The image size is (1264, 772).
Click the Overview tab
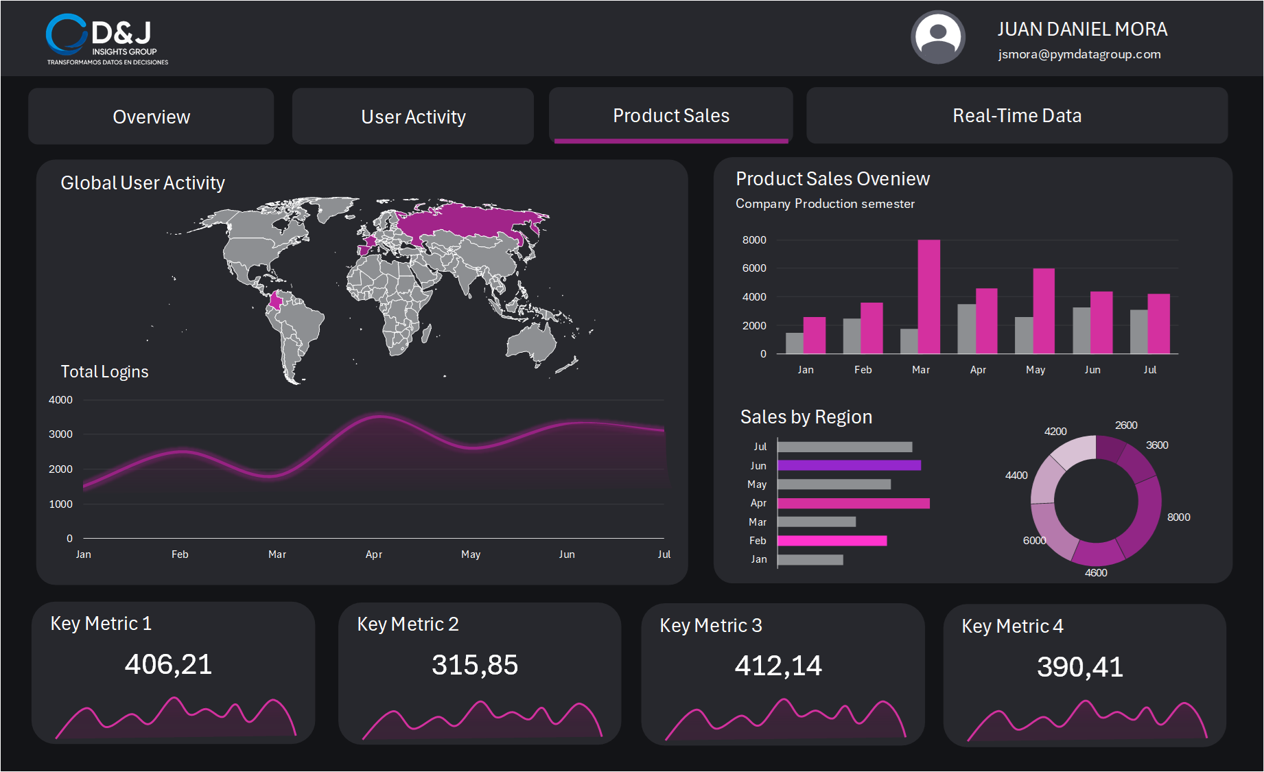pyautogui.click(x=151, y=117)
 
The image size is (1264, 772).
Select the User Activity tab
pyautogui.click(x=413, y=117)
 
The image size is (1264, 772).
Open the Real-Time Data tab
pyautogui.click(x=1016, y=116)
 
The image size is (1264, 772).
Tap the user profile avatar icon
pyautogui.click(x=937, y=37)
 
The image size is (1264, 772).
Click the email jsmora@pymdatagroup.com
pyautogui.click(x=1079, y=54)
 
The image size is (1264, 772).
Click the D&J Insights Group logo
pyautogui.click(x=106, y=39)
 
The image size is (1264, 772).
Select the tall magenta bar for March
pyautogui.click(x=928, y=296)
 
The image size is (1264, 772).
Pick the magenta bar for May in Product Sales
pyautogui.click(x=1043, y=311)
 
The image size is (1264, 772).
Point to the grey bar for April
pyautogui.click(x=966, y=329)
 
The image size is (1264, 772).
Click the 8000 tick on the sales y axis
pyautogui.click(x=753, y=240)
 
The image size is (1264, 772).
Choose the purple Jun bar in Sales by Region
pyautogui.click(x=849, y=465)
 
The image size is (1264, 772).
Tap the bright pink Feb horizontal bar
pyautogui.click(x=832, y=541)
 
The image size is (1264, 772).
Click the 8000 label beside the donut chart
pyautogui.click(x=1178, y=517)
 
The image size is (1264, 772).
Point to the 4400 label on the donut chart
pyautogui.click(x=1016, y=476)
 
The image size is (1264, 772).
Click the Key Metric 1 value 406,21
pyautogui.click(x=168, y=664)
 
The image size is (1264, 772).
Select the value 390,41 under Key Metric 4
pyautogui.click(x=1079, y=667)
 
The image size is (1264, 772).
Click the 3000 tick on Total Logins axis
pyautogui.click(x=60, y=434)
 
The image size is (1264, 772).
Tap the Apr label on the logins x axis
pyautogui.click(x=373, y=554)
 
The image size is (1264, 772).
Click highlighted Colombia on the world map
pyautogui.click(x=277, y=301)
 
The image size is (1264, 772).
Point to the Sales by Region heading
pyautogui.click(x=806, y=417)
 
